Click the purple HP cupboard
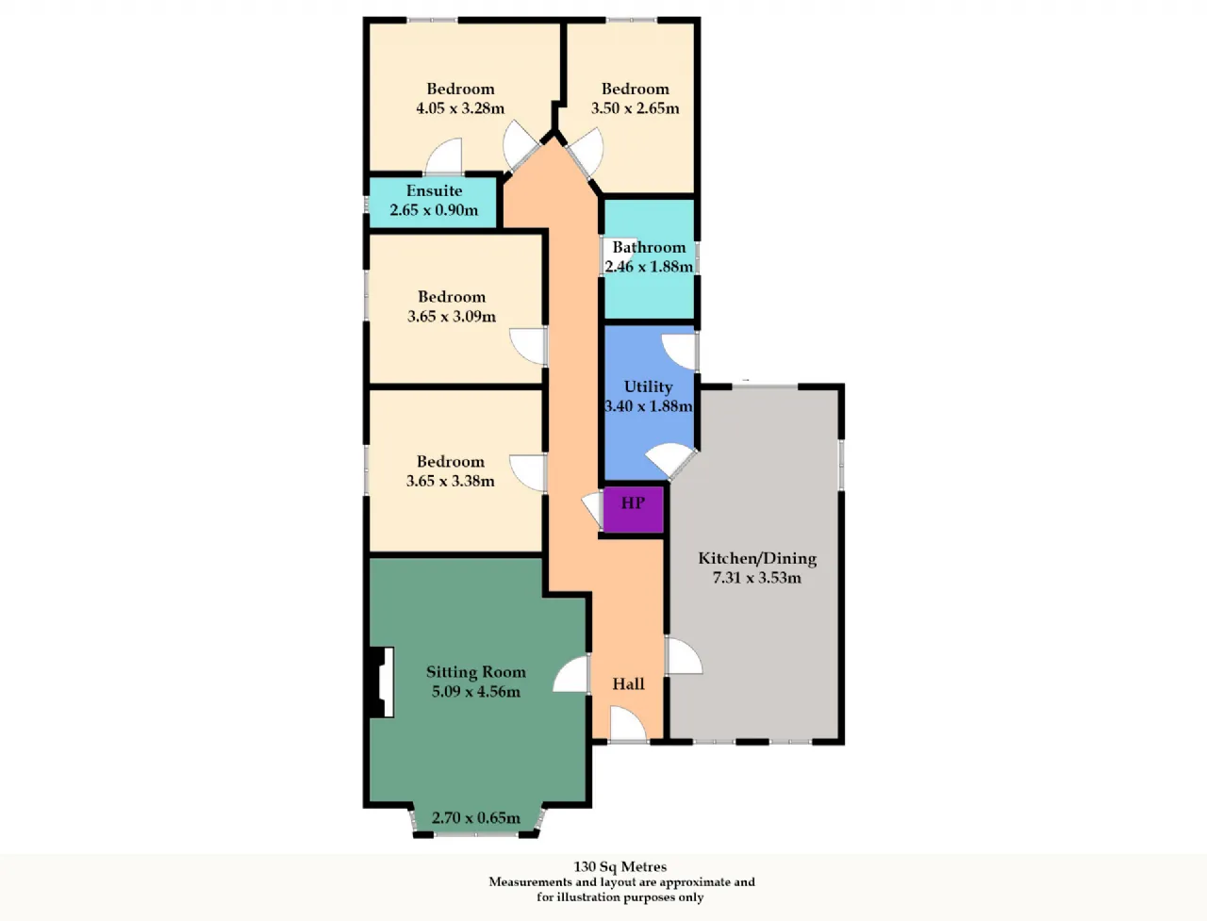point(634,509)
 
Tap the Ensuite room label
point(434,190)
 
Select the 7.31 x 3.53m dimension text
point(756,578)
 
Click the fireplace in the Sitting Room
point(382,683)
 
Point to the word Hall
point(629,683)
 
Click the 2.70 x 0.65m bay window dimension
point(475,817)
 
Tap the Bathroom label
point(649,247)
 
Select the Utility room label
point(649,386)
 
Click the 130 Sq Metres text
point(620,866)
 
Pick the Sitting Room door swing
point(570,674)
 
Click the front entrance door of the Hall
point(629,725)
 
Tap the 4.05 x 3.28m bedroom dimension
point(460,107)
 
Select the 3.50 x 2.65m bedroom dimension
point(636,107)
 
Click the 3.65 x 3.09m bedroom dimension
point(452,316)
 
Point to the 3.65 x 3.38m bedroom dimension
point(451,481)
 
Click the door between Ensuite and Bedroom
point(444,156)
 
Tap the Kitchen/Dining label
point(757,558)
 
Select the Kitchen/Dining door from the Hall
point(684,655)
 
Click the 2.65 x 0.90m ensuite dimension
point(434,210)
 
